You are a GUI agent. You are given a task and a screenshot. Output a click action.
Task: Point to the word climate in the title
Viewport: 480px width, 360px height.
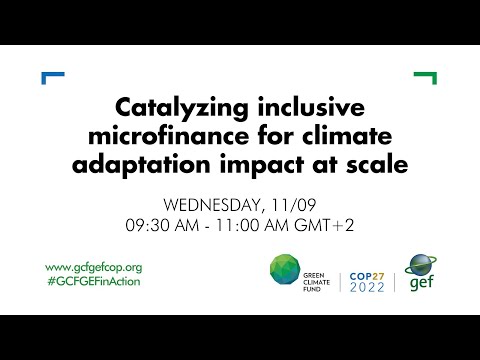320,135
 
